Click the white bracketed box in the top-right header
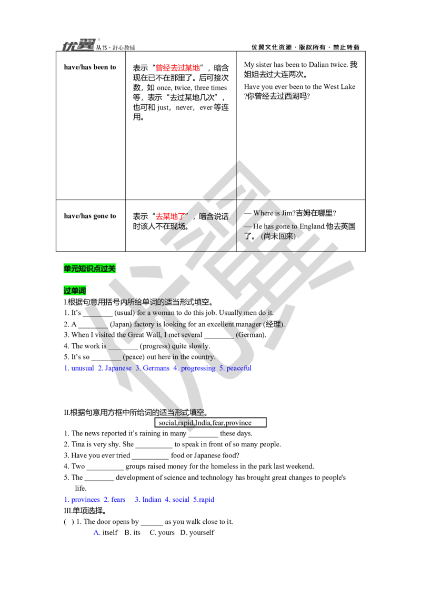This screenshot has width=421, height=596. [x=305, y=47]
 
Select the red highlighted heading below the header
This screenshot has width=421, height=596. [x=178, y=67]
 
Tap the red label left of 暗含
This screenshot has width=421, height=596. [x=168, y=216]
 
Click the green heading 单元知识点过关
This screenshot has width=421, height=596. [x=89, y=269]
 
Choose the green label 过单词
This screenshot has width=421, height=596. [x=75, y=291]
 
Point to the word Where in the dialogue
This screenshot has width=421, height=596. [x=263, y=213]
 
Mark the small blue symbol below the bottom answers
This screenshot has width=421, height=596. [x=96, y=533]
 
